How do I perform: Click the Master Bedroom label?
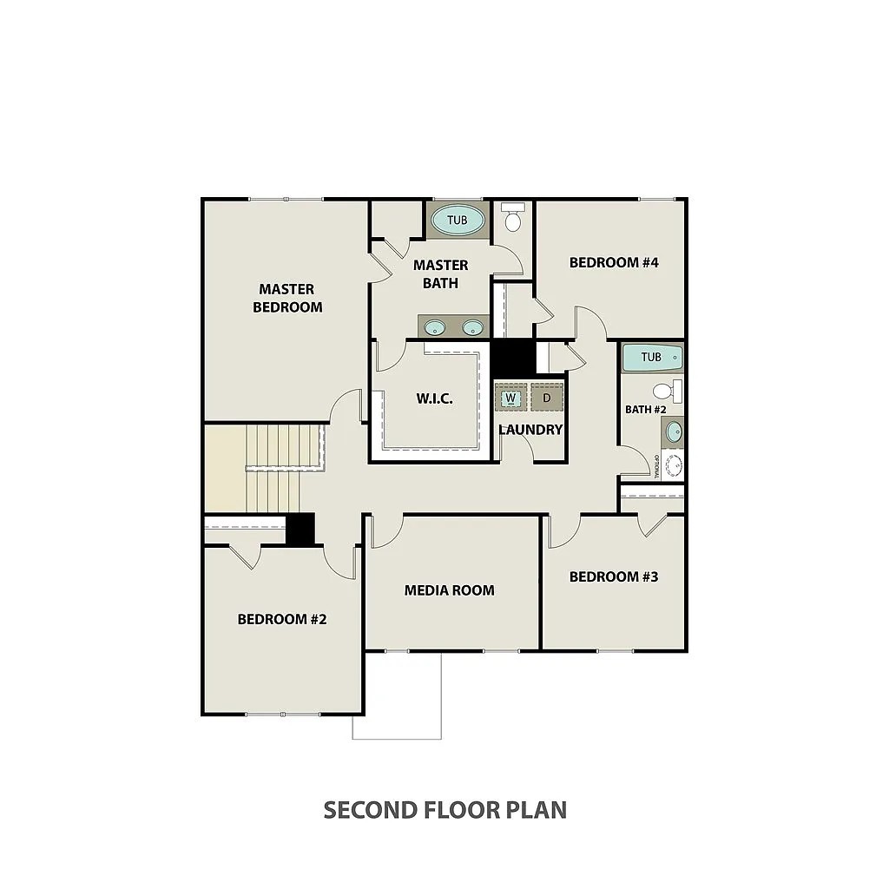click(287, 299)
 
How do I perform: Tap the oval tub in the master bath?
click(458, 220)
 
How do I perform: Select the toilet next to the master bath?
click(513, 217)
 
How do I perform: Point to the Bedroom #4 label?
click(614, 262)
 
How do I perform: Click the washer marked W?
click(510, 398)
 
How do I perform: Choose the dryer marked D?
click(547, 398)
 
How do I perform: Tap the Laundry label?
click(530, 430)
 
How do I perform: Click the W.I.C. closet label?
click(435, 398)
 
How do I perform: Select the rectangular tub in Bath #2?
click(652, 357)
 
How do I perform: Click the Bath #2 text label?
click(645, 410)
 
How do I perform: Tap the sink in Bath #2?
click(674, 432)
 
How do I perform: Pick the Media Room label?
click(449, 590)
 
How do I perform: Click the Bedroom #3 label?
click(614, 576)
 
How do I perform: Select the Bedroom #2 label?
click(282, 619)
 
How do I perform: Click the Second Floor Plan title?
click(445, 810)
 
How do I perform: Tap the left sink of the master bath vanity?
click(435, 327)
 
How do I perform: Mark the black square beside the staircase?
click(300, 530)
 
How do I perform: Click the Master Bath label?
click(440, 273)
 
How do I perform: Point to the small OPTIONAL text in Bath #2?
click(656, 466)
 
